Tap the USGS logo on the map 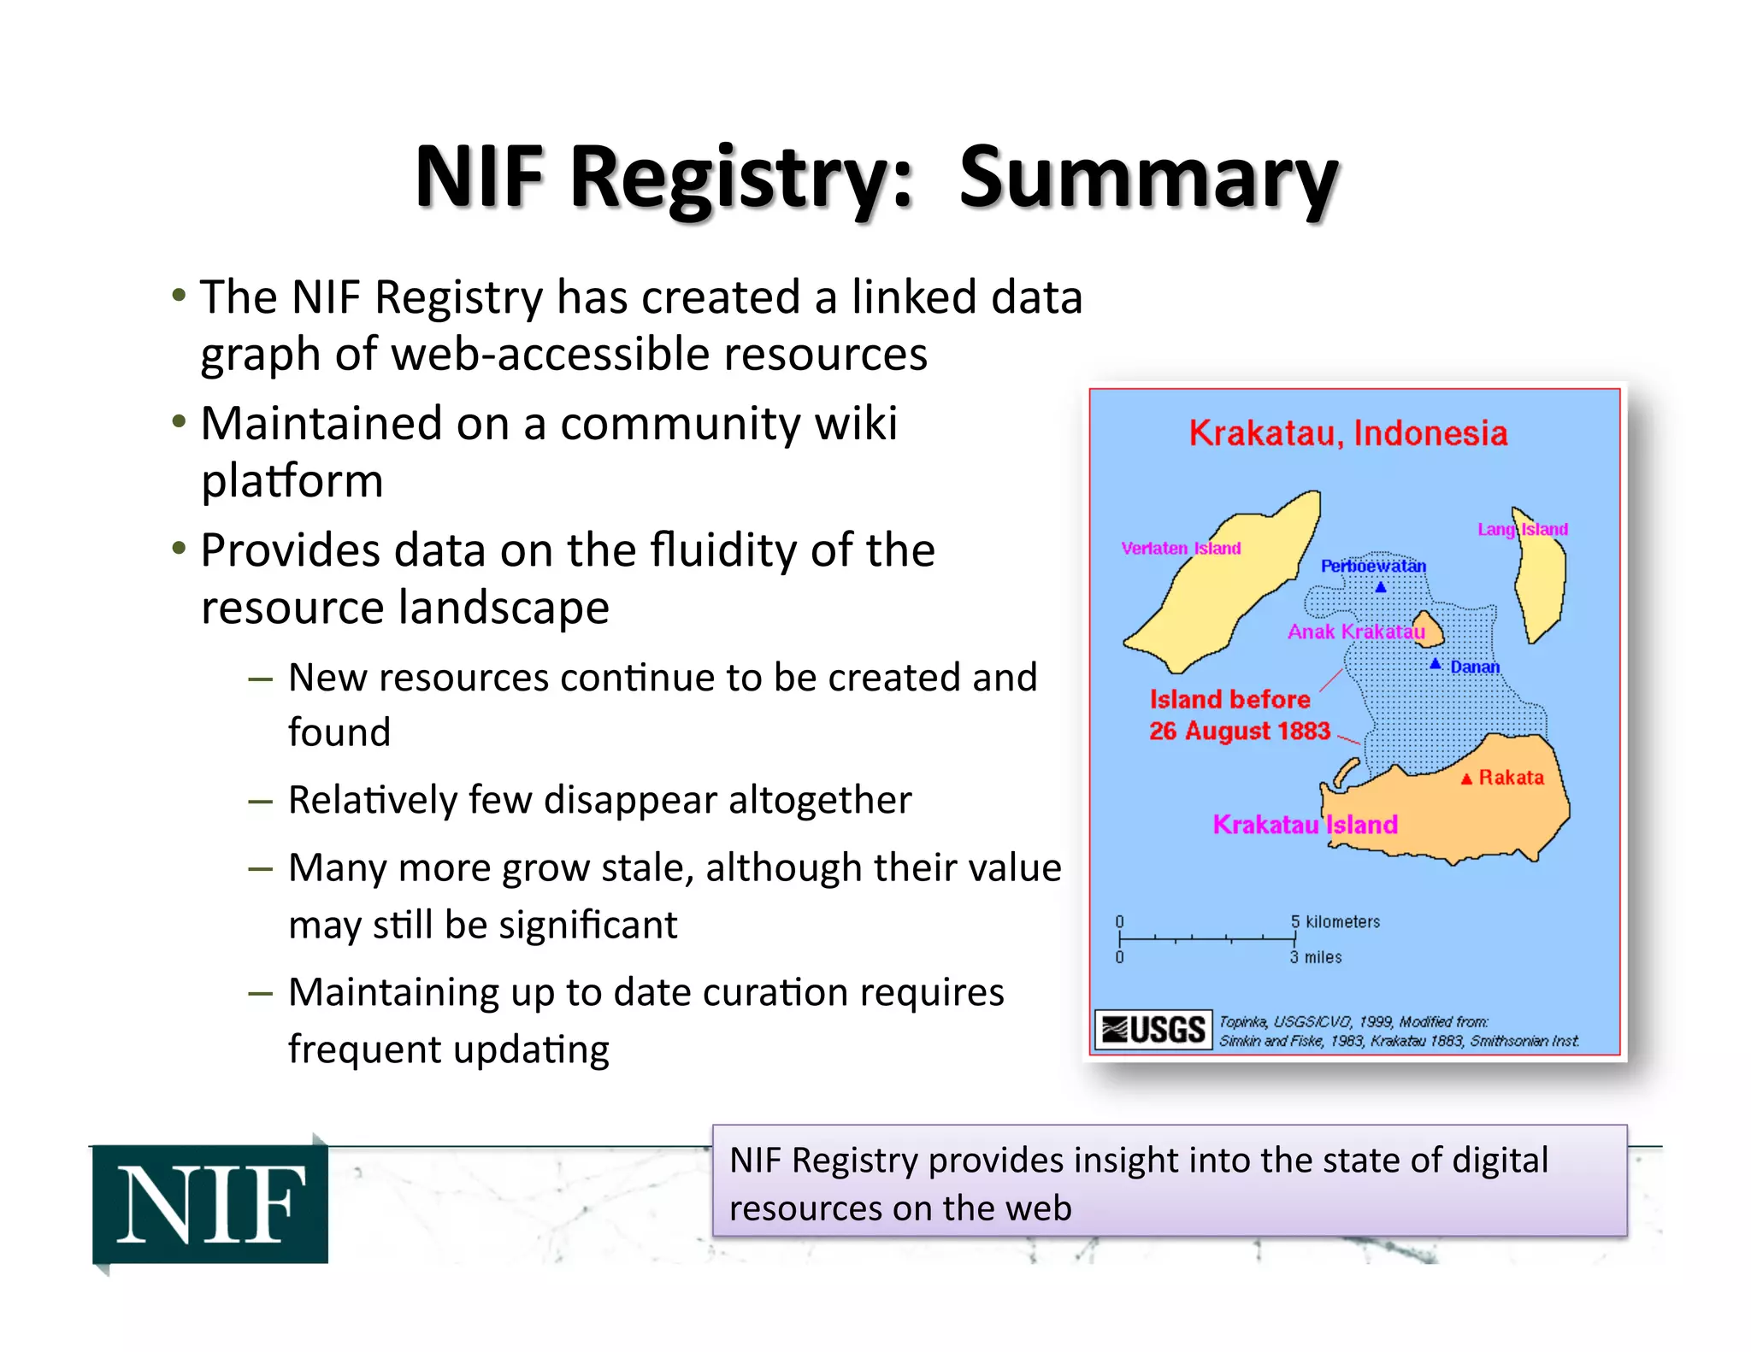1153,1030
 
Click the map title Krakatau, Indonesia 1347,433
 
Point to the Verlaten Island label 1181,549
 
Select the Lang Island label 1523,530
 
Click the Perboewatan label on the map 1373,566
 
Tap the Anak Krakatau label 1356,632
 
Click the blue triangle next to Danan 1436,664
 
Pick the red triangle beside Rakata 1466,779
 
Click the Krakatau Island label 1305,825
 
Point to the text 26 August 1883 1239,732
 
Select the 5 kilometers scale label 1335,921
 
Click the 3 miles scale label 1317,957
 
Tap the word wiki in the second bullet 856,423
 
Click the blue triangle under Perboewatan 1380,587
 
